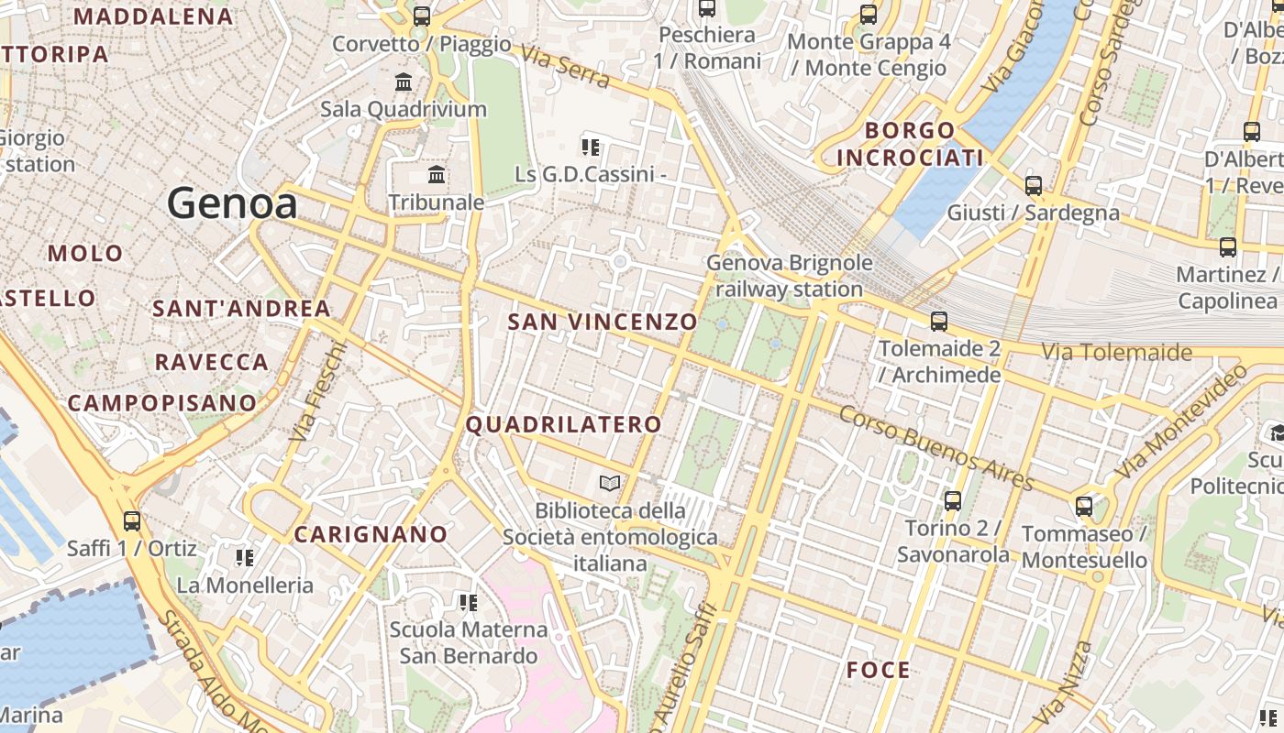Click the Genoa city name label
coord(232,202)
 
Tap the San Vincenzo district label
coord(603,323)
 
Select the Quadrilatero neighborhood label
coord(563,424)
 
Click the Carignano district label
coord(371,534)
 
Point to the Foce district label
coord(879,670)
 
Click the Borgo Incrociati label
coord(910,144)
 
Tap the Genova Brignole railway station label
coord(790,276)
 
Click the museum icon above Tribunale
coord(437,174)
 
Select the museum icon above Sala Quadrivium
coord(404,82)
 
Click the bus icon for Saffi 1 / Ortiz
coord(132,520)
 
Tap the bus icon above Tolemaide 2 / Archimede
coord(939,321)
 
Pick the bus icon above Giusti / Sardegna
coord(1034,185)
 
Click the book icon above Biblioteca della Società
coord(610,482)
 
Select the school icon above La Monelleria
coord(244,557)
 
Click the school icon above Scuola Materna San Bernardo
coord(468,602)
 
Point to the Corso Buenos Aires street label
coord(935,448)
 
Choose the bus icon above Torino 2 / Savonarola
coord(953,500)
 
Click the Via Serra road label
coord(564,66)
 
